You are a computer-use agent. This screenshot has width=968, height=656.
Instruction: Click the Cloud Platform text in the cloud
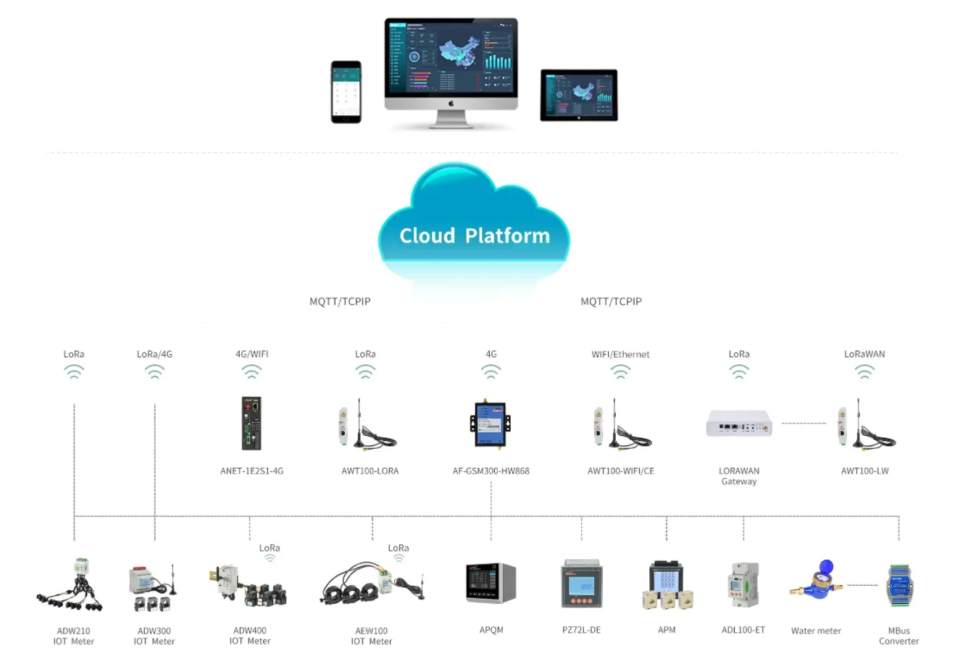coord(475,236)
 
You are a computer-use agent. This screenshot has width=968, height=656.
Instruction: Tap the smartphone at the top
coord(346,92)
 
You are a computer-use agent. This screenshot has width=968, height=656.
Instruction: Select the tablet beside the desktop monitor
coord(579,95)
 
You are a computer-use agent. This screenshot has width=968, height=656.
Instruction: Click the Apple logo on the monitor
coord(451,104)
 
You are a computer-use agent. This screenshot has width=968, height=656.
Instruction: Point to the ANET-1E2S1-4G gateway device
coord(251,424)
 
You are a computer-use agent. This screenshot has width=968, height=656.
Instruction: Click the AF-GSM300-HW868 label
coord(491,471)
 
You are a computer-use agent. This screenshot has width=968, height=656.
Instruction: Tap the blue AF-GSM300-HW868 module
coord(491,423)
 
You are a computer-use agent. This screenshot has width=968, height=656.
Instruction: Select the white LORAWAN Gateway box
coord(739,423)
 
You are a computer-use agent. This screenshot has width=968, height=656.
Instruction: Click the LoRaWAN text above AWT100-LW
coord(864,354)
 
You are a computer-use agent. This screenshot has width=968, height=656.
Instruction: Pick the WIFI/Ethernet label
coord(620,354)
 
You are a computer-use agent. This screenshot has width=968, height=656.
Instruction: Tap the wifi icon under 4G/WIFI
coord(251,371)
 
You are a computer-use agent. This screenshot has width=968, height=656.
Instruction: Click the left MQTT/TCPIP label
coord(340,301)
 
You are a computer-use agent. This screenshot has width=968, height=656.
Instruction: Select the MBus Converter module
coord(898,584)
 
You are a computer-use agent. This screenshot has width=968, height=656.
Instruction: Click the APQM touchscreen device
coord(491,584)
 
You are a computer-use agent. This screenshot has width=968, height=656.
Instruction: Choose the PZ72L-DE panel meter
coord(581,584)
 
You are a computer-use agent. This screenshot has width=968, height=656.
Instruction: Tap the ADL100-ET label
coord(743,630)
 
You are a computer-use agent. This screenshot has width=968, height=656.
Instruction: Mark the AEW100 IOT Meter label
coord(371,636)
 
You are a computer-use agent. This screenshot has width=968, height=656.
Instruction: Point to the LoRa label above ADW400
coord(270,548)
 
